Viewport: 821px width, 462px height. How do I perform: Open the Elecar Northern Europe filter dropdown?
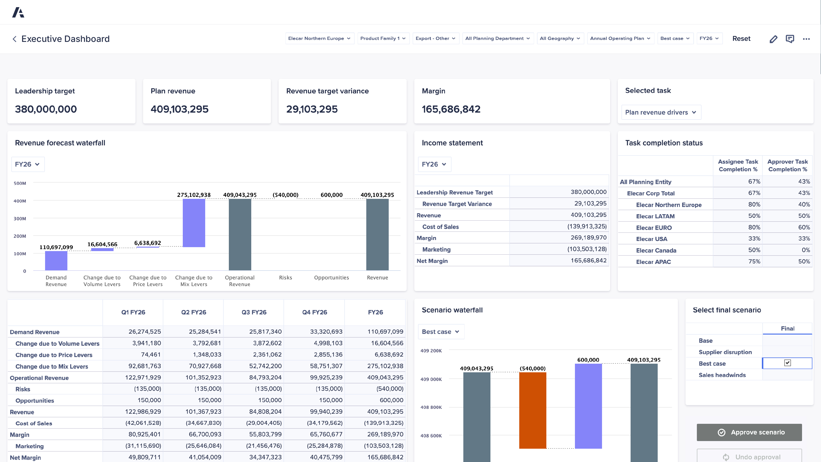319,38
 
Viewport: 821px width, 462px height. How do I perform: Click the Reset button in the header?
741,39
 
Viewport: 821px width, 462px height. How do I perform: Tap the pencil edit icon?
773,39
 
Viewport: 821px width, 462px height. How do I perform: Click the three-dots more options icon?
806,39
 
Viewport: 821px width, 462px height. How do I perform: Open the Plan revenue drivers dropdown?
661,112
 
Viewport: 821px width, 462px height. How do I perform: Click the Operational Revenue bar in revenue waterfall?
240,234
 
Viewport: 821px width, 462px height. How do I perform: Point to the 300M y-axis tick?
20,218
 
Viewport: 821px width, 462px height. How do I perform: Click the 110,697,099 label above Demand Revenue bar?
56,247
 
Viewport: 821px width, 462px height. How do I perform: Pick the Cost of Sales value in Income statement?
586,226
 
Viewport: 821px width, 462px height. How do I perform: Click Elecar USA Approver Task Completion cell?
787,239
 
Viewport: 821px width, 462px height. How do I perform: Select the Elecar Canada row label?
656,250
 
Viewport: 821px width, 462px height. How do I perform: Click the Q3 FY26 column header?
254,312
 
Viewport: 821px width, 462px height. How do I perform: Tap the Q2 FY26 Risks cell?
207,389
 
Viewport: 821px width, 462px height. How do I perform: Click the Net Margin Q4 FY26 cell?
326,457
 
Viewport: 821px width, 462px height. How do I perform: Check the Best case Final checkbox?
787,363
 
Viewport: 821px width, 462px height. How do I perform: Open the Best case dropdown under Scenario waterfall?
440,332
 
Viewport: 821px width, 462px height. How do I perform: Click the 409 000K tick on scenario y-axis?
431,379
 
